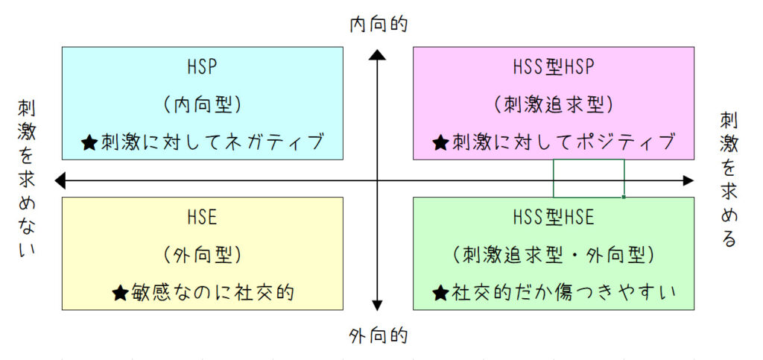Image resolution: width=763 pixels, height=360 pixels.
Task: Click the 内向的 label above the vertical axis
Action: pos(379,24)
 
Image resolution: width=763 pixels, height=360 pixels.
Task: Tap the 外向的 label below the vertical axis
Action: pos(379,336)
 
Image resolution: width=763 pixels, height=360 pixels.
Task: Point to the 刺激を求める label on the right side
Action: pos(728,180)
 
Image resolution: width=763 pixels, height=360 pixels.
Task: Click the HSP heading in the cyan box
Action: pos(202,67)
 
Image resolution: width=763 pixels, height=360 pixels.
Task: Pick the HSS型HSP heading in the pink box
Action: pos(554,67)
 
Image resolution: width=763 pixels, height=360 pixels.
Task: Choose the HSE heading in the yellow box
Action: pos(202,217)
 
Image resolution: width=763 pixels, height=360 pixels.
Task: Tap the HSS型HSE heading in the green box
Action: pos(554,217)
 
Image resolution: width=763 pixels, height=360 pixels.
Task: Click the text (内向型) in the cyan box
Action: pos(202,104)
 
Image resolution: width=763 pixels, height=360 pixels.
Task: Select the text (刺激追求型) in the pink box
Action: pos(554,104)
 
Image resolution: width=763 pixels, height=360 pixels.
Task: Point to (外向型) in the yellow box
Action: pos(202,255)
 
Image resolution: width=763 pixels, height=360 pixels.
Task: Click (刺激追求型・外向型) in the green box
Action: pos(554,255)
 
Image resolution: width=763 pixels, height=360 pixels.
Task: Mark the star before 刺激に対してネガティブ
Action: pos(89,142)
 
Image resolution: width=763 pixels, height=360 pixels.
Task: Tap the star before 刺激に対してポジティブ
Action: pos(441,142)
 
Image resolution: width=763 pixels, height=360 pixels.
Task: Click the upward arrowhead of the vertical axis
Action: pos(378,54)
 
